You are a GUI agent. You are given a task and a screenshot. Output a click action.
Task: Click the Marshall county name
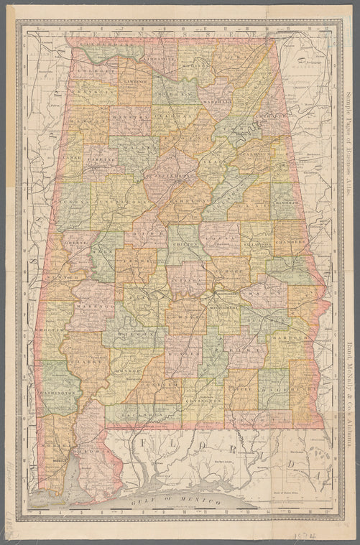pos(217,102)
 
